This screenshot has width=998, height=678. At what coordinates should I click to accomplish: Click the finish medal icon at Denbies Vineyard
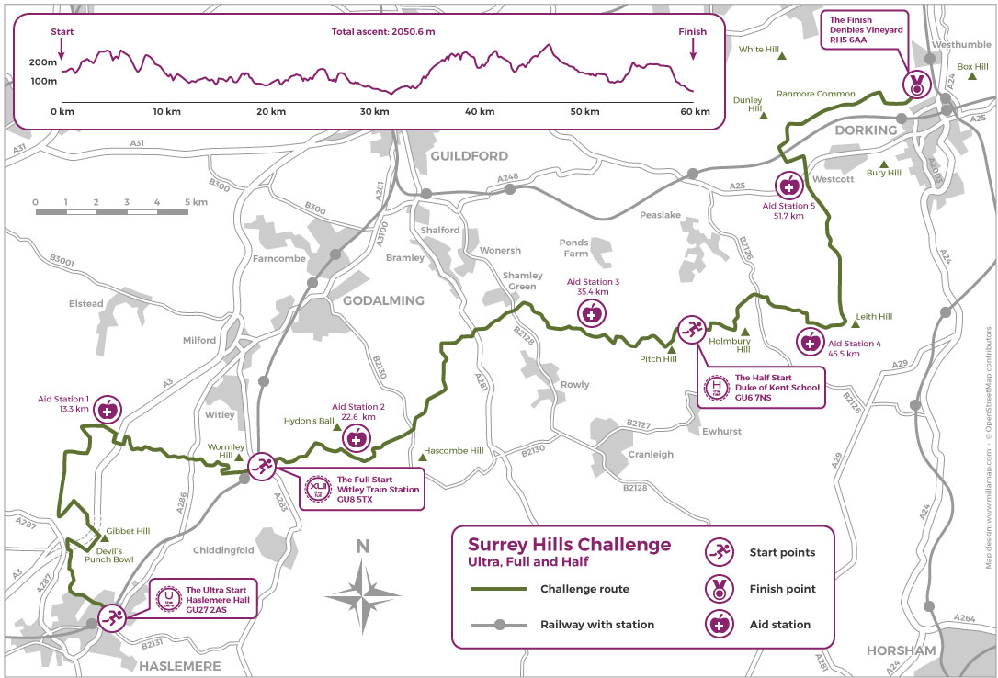pos(916,85)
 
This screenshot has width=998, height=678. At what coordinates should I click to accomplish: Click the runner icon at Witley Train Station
pos(261,467)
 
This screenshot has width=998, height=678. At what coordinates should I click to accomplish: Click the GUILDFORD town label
pos(469,156)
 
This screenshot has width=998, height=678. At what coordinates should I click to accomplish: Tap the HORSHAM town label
pos(901,650)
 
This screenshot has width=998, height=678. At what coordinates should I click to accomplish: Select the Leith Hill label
pos(873,316)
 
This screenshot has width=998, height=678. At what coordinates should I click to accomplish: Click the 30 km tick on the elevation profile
pos(374,112)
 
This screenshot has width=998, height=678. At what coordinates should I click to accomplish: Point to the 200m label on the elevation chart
pos(42,62)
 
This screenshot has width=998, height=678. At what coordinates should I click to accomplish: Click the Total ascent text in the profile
pos(382,32)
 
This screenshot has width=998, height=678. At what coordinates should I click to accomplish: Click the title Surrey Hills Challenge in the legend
pos(569,545)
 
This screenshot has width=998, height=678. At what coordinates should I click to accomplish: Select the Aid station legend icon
pos(719,624)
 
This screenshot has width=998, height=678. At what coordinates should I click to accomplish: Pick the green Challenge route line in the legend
pos(497,589)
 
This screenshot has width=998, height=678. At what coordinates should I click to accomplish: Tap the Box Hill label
pos(970,66)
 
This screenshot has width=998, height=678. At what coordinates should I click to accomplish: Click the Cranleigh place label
pos(651,454)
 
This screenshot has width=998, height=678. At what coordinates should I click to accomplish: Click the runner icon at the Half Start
pos(691,329)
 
